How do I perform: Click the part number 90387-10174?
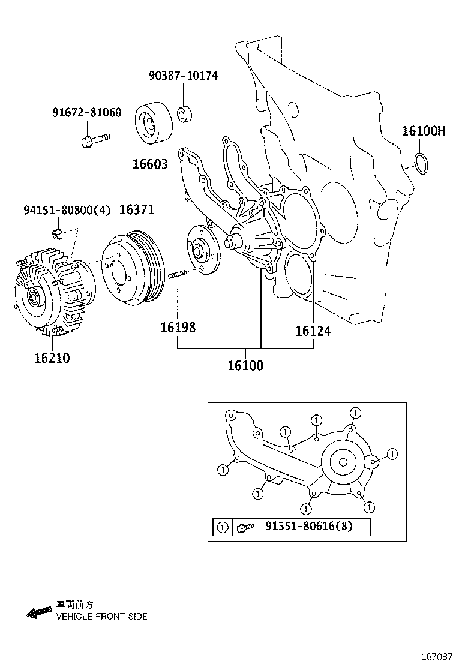pos(183,76)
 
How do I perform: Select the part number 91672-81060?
pos(86,112)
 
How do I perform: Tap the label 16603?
pos(151,164)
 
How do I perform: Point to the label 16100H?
pos(423,131)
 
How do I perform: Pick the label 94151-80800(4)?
pos(67,210)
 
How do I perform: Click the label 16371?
pos(137,209)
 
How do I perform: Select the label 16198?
pos(178,328)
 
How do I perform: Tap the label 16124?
pos(313,331)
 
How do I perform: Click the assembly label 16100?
pos(245,365)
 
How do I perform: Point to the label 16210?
pos(52,358)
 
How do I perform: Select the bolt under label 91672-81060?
pos(94,140)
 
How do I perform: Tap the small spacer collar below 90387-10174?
pos(184,114)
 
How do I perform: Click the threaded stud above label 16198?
pos(179,275)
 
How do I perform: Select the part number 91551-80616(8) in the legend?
pos(309,527)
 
